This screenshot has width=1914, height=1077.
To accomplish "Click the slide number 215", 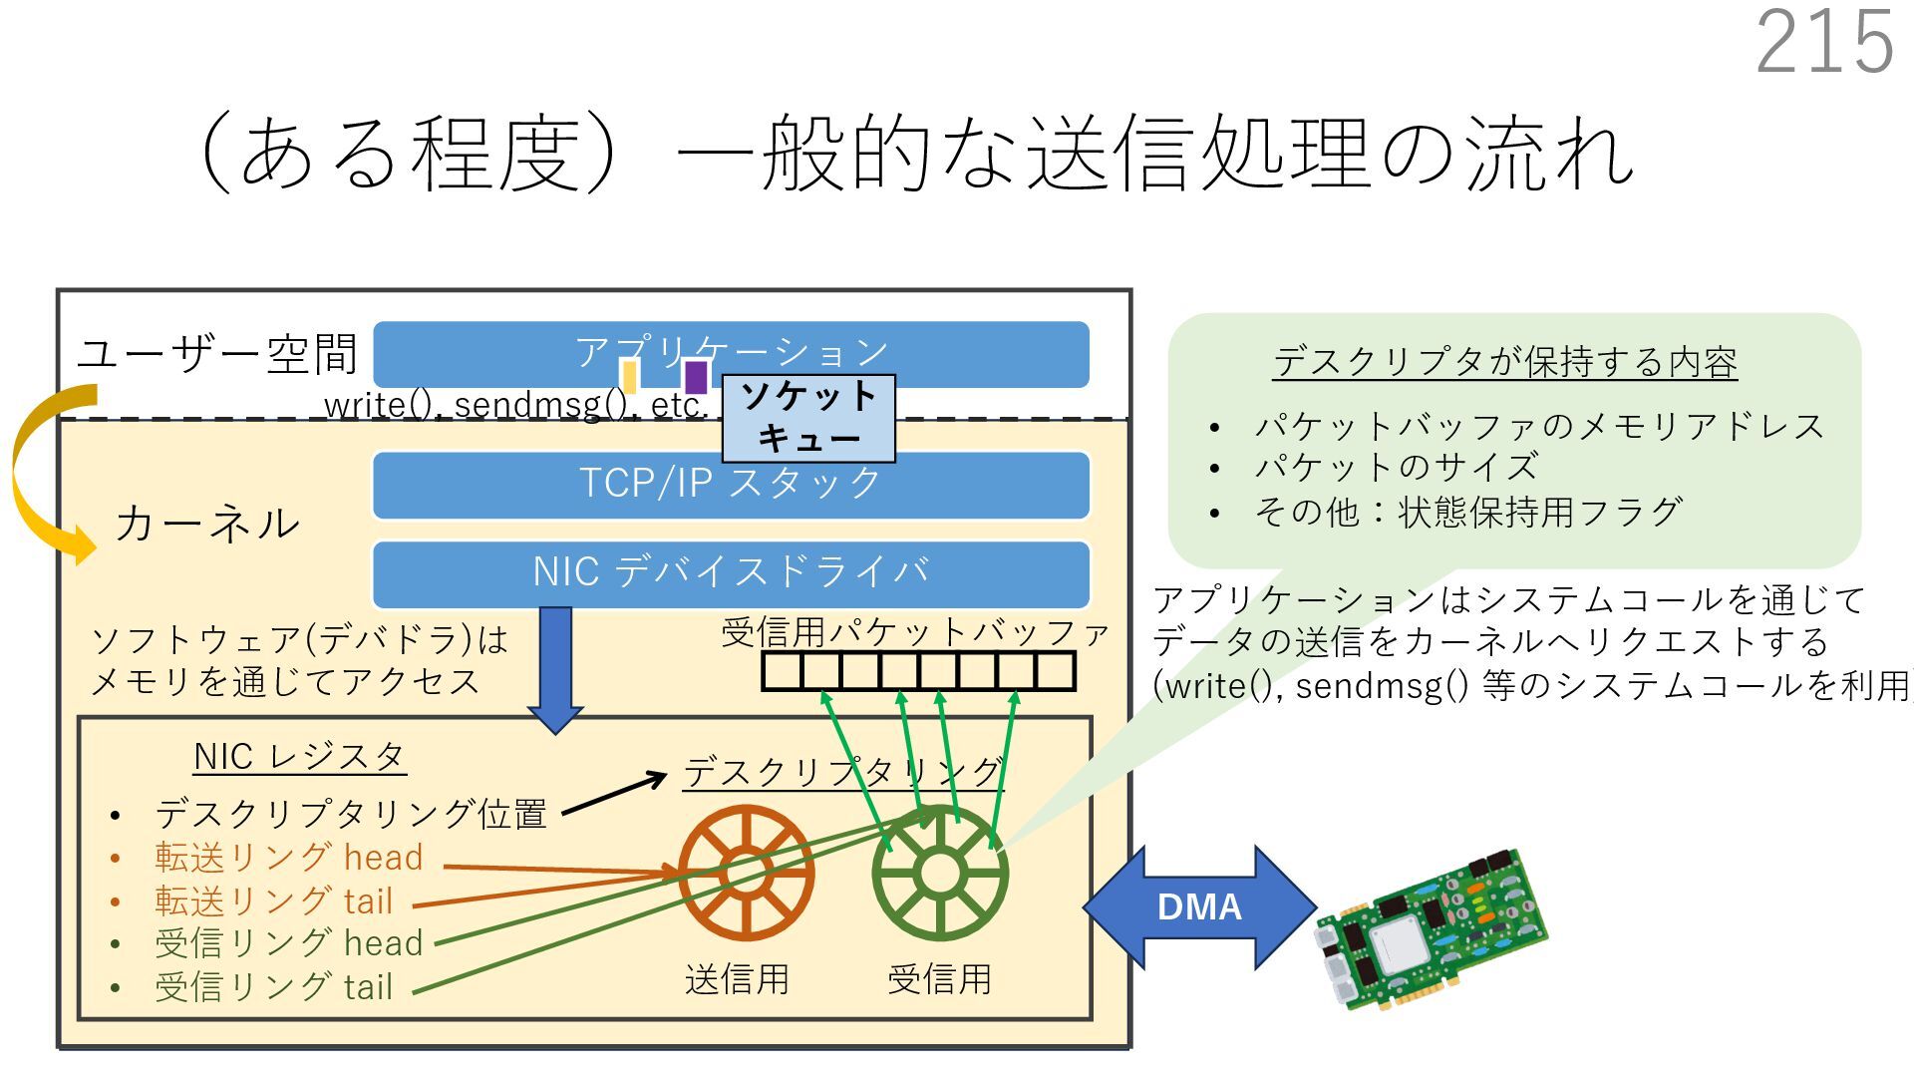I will [1823, 42].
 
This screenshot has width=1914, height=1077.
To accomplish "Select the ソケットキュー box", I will [807, 418].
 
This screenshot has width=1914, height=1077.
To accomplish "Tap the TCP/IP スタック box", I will [731, 485].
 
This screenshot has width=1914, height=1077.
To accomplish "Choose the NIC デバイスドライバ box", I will [731, 573].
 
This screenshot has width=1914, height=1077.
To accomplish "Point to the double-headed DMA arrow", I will [1199, 906].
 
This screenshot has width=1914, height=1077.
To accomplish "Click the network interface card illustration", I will [1430, 930].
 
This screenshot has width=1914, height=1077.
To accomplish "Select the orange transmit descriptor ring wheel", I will [746, 873].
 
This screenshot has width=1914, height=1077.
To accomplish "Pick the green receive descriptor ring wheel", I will [939, 874].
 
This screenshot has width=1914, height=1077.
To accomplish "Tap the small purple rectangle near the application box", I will [696, 377].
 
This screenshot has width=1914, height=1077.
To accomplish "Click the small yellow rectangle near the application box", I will [629, 376].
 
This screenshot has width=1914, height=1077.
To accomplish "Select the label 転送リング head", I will [288, 858].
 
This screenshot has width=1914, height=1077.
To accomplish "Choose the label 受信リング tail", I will [273, 987].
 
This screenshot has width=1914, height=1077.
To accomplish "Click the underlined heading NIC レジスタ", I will [299, 757].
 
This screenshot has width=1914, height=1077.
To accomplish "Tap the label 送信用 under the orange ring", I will [737, 979].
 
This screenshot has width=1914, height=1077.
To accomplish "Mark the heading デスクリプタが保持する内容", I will [1504, 362].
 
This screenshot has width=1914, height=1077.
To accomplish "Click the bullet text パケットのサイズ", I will [1396, 467].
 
